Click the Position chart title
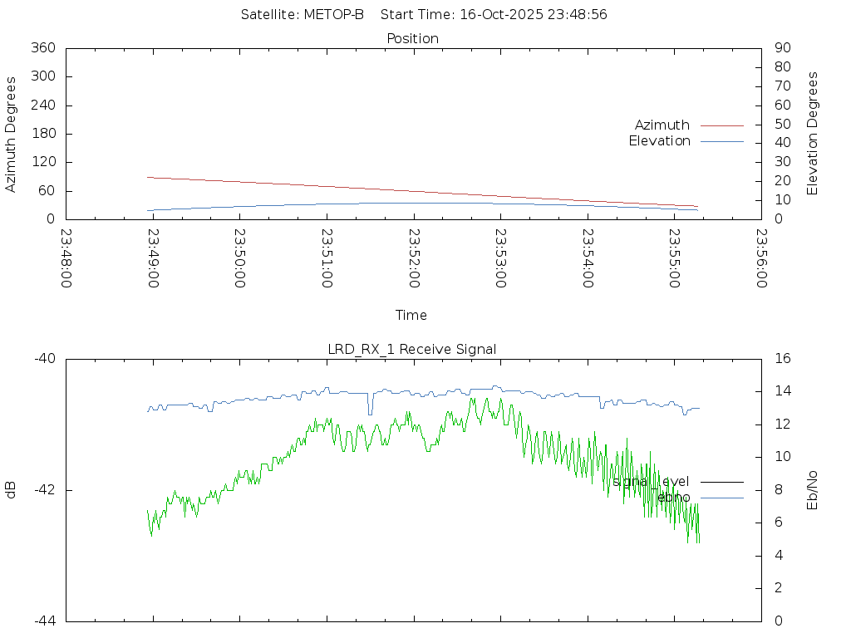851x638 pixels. pos(412,38)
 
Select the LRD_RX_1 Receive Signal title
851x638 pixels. pos(412,349)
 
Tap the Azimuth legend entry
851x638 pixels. pos(662,125)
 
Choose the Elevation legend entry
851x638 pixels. pos(659,141)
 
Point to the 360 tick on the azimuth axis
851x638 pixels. pos(42,48)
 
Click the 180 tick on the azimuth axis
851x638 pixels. pos(42,134)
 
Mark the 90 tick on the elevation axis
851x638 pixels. pos(781,48)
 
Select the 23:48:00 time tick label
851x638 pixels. pos(66,258)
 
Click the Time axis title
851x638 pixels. pos(411,315)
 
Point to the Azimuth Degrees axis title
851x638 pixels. pos(12,134)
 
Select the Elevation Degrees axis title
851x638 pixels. pos(813,134)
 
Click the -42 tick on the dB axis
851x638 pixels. pos(44,490)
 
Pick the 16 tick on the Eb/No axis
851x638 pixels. pos(782,359)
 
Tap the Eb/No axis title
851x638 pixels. pos(813,490)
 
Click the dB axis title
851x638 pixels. pos(12,490)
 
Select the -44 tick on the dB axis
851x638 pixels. pos(44,621)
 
